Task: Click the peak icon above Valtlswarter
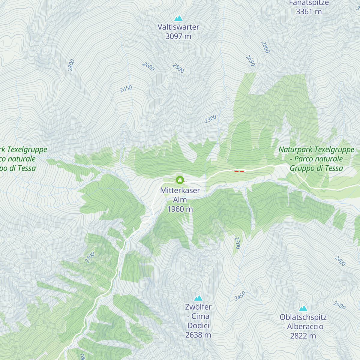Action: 178,18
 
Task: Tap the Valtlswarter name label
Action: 178,27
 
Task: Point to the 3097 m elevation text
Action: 178,36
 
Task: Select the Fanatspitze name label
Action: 309,3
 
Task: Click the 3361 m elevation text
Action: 309,12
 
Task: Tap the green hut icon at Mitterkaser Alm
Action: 180,180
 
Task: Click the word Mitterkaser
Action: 180,190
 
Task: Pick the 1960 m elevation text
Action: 180,209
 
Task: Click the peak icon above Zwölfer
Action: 198,298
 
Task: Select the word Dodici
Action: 198,325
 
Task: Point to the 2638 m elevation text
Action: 198,335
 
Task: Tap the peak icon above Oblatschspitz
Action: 303,308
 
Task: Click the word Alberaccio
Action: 305,326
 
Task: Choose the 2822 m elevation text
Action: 303,336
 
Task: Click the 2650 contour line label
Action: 250,60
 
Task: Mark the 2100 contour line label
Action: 90,257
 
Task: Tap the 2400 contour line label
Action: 340,261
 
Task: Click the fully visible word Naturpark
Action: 296,149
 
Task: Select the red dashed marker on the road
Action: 239,171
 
